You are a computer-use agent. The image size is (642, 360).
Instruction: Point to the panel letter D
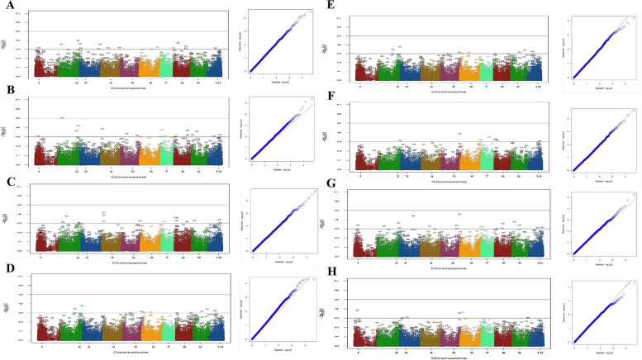[x=7, y=268]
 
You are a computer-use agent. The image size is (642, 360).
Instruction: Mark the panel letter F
[x=332, y=97]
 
